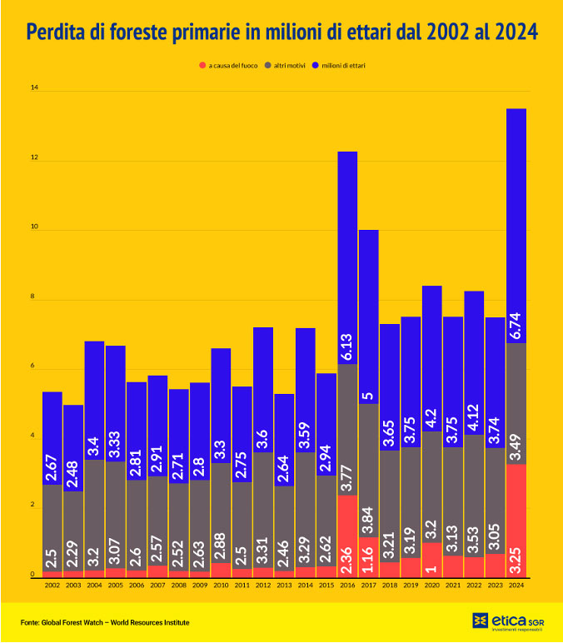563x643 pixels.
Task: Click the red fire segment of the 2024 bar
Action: pyautogui.click(x=516, y=521)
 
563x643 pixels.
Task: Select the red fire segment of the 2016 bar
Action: pyautogui.click(x=347, y=536)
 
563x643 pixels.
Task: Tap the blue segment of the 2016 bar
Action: pyautogui.click(x=347, y=250)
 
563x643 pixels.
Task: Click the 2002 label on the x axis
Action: pyautogui.click(x=52, y=586)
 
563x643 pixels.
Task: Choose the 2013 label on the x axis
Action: pyautogui.click(x=284, y=586)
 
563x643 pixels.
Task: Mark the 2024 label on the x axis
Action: pyautogui.click(x=516, y=586)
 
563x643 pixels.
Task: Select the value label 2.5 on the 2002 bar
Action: pyautogui.click(x=52, y=555)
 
